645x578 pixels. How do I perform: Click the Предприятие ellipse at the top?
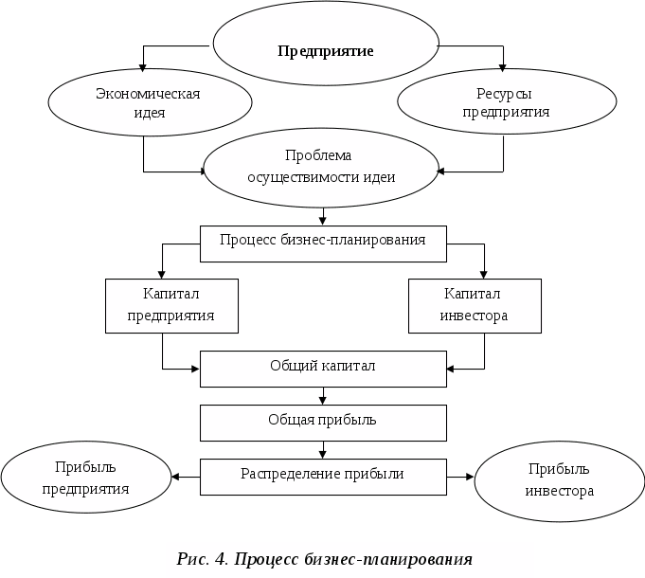pos(325,50)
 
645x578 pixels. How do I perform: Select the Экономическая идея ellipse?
pos(150,102)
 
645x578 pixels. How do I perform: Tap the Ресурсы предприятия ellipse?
pos(506,102)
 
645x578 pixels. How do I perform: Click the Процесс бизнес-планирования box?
pos(321,242)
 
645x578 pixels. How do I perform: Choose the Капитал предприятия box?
pos(171,304)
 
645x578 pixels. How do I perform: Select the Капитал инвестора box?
pos(475,304)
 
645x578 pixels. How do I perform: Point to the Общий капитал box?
pos(323,368)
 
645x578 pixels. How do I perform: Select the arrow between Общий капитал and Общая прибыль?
pos(323,396)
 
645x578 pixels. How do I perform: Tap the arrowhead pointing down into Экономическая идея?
pos(143,67)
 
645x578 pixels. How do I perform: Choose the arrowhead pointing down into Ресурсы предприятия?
pos(503,67)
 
